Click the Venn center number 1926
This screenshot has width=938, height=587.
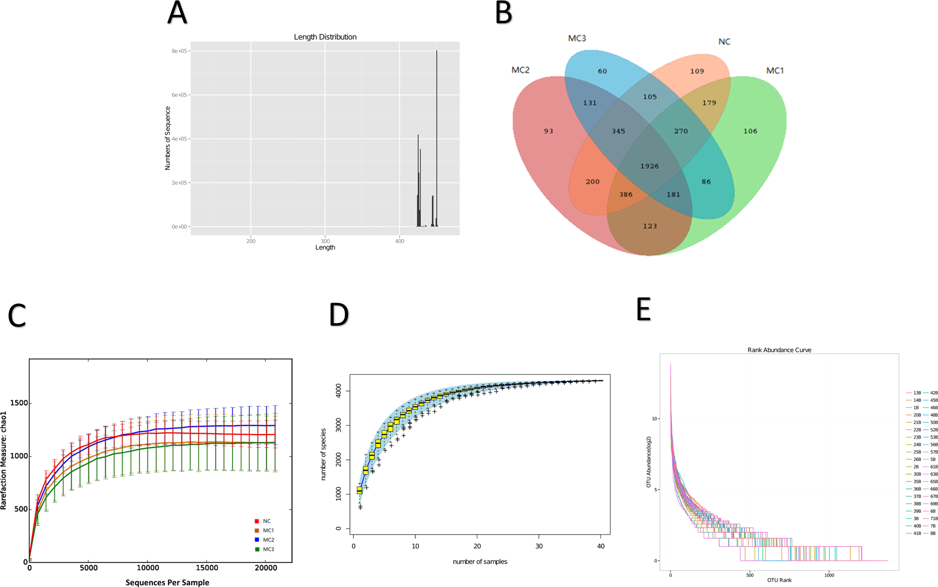pos(649,166)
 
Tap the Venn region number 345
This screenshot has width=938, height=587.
pos(618,131)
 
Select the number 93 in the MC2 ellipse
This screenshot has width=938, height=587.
pos(548,131)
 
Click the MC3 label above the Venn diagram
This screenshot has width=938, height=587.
pos(577,38)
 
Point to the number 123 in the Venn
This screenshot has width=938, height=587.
pos(649,226)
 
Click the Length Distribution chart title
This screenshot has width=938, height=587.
pos(325,37)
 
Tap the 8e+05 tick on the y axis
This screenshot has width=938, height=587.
pos(179,51)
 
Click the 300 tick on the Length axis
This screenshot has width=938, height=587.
pos(325,241)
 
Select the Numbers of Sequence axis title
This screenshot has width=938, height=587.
pos(167,138)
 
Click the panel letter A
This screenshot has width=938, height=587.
pos(177,13)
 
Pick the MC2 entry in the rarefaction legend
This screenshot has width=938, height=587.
pos(268,540)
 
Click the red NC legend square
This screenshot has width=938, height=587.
pos(257,521)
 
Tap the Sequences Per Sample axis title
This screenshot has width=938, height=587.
pos(167,582)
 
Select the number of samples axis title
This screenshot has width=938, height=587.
pos(480,561)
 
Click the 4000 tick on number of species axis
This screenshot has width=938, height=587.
pos(339,391)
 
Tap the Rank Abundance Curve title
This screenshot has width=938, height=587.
pos(779,350)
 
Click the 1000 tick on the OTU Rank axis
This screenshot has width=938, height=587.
pos(829,575)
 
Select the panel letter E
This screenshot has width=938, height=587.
pos(643,310)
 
